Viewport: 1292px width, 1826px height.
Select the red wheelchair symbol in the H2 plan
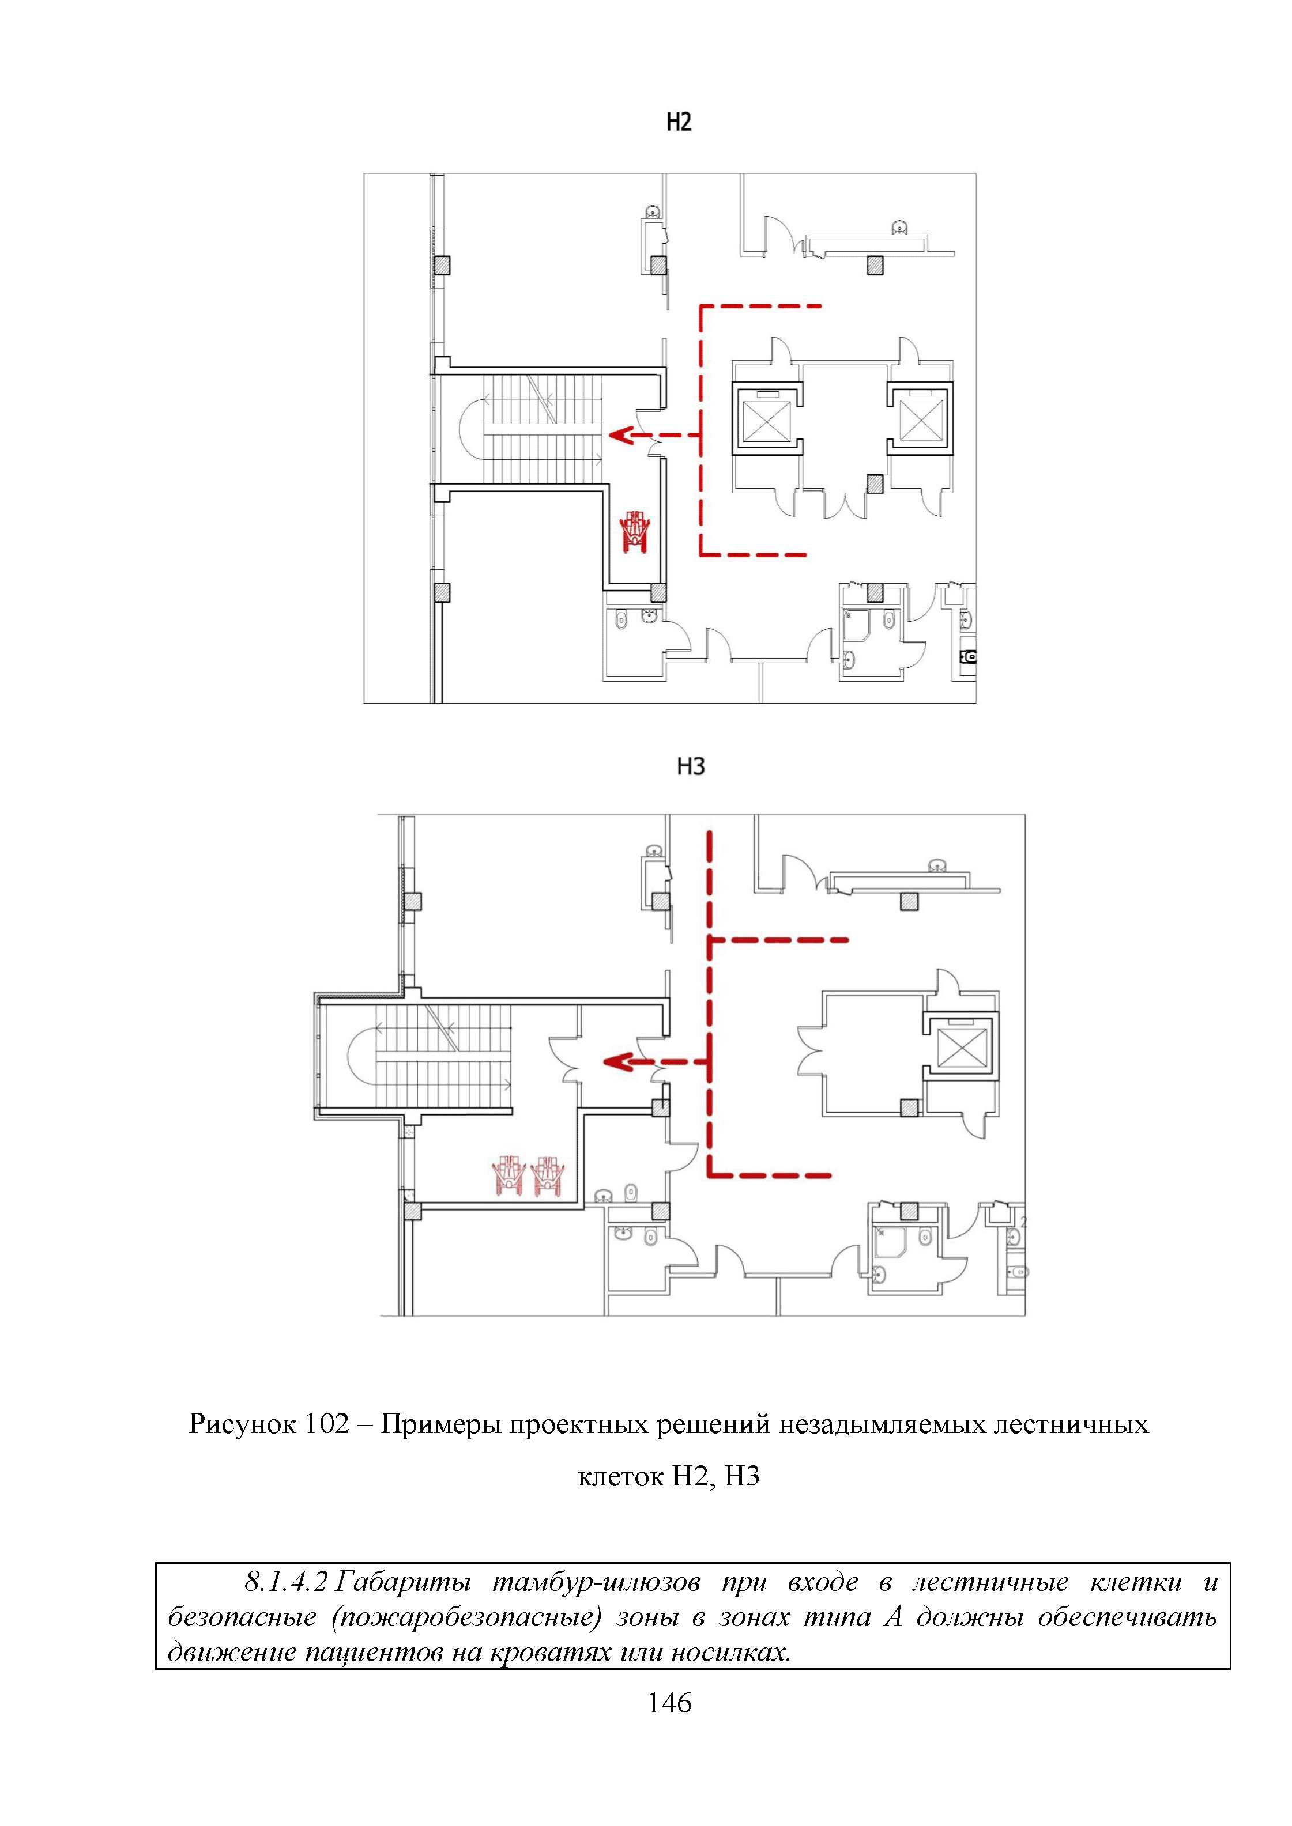click(636, 531)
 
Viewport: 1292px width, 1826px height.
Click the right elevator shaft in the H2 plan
click(921, 419)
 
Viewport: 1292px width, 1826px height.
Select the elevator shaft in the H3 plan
click(962, 1046)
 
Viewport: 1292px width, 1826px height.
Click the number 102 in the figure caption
click(326, 1423)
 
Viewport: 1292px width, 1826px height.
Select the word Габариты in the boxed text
click(402, 1583)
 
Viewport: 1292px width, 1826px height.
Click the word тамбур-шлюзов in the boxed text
click(597, 1583)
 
